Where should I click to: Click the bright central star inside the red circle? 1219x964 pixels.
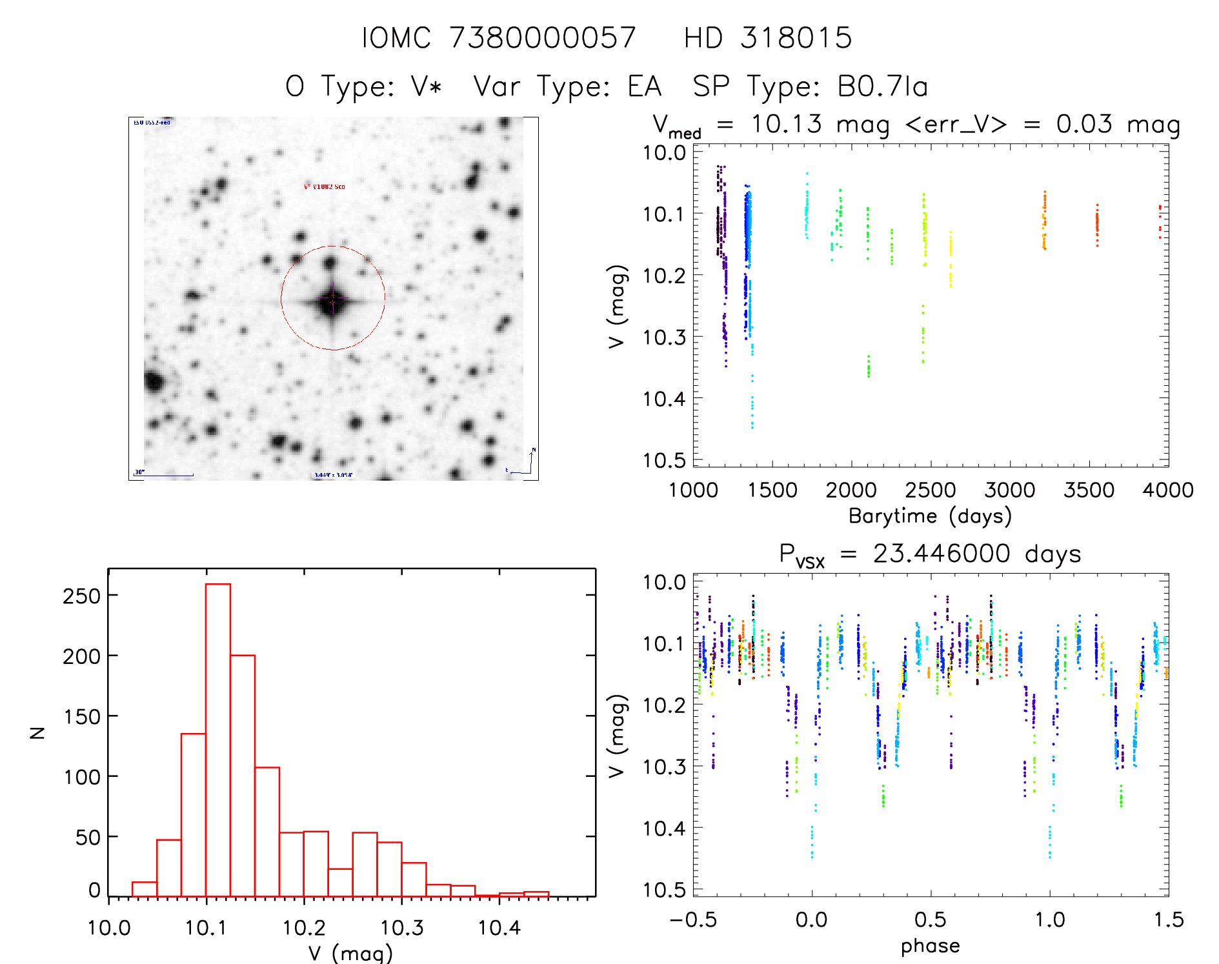[x=332, y=301]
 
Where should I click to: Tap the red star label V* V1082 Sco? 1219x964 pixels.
[x=324, y=186]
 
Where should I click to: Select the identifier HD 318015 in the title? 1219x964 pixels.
[x=767, y=38]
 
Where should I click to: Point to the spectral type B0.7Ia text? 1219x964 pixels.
[x=882, y=86]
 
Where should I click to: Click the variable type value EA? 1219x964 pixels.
[x=645, y=86]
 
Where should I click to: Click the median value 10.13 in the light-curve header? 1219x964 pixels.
[x=786, y=124]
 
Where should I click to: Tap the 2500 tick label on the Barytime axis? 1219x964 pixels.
[x=931, y=490]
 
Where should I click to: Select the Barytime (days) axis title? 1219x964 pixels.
[x=930, y=516]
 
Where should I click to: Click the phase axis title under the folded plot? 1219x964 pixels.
[x=930, y=946]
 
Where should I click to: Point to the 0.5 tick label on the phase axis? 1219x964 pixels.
[x=931, y=919]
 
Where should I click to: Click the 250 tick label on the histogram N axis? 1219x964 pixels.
[x=82, y=596]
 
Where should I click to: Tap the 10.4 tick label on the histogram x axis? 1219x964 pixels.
[x=499, y=928]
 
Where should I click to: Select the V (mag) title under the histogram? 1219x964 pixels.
[x=350, y=953]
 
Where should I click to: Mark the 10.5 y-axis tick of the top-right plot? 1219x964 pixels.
[x=664, y=460]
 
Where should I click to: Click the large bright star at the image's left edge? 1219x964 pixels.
[x=154, y=381]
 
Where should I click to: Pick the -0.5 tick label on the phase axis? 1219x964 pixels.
[x=693, y=919]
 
